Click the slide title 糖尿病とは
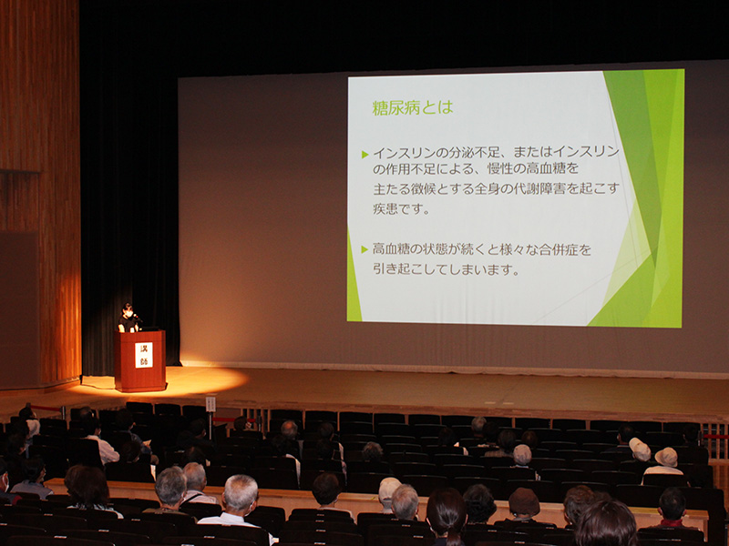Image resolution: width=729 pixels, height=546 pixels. click(x=413, y=107)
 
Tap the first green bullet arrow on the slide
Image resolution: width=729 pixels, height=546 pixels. click(x=365, y=155)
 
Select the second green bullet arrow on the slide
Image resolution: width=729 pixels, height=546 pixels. click(x=365, y=249)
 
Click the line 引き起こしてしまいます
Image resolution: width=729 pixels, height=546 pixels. click(x=446, y=269)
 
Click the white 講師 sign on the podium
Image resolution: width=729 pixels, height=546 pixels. click(x=144, y=355)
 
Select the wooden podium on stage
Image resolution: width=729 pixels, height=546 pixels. click(x=140, y=360)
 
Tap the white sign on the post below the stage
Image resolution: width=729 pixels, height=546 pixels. click(x=210, y=404)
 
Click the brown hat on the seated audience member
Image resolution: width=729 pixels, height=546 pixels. click(x=524, y=502)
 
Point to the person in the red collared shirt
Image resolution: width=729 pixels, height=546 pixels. click(x=673, y=510)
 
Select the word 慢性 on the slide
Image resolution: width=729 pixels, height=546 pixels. click(x=499, y=167)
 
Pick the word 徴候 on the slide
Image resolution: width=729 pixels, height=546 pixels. click(x=423, y=188)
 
